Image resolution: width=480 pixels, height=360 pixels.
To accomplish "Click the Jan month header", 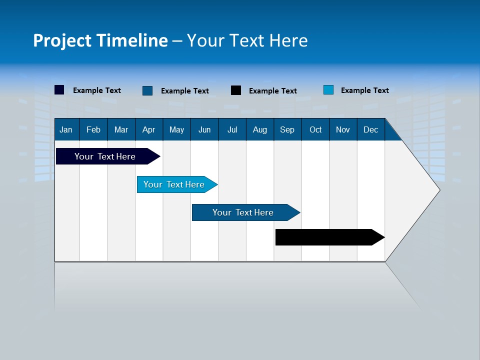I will click(66, 130).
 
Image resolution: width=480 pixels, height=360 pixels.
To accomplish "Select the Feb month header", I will click(93, 130).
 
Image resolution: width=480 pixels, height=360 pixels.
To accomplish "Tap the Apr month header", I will click(148, 130).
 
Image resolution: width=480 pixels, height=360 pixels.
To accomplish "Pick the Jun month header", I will click(204, 130).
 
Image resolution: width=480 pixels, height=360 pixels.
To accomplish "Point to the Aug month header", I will click(259, 130).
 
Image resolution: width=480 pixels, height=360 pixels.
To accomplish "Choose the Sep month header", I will click(287, 130).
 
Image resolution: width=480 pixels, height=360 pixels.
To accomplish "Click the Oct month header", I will click(315, 130).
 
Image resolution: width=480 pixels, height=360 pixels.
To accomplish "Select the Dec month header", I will click(370, 130).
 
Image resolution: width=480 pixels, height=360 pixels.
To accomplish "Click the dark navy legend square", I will click(59, 90).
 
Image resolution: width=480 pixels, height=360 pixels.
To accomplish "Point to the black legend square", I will click(236, 90).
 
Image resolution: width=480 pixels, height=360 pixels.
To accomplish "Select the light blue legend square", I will click(328, 90).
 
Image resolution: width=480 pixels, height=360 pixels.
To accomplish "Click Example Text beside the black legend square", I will click(272, 91).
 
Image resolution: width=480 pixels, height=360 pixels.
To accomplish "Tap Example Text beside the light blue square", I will click(364, 90).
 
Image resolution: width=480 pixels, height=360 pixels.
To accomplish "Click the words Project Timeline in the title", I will click(100, 40).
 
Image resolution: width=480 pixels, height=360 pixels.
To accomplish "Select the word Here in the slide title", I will click(288, 40).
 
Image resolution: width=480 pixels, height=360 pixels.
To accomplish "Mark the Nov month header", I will click(342, 130).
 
